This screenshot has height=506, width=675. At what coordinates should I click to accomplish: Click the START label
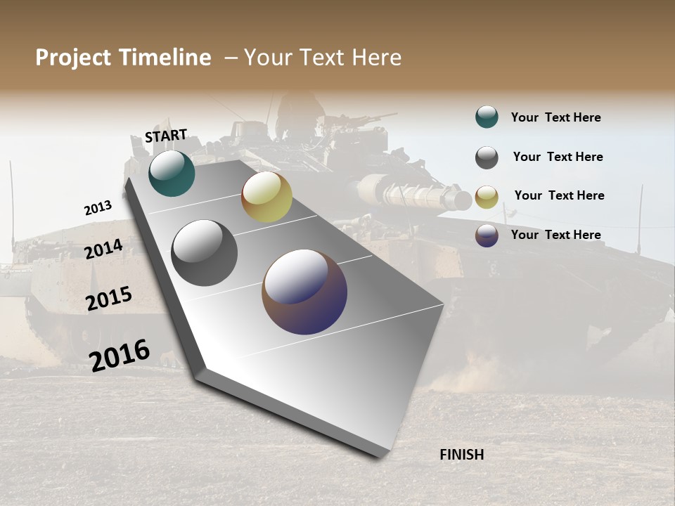166,135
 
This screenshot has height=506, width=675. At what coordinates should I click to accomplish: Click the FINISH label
461,455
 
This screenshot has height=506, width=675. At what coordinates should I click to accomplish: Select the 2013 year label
98,208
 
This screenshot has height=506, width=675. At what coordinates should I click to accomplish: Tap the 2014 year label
103,249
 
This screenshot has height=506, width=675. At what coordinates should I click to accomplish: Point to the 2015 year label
109,299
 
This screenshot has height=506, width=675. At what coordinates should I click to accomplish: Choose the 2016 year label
120,354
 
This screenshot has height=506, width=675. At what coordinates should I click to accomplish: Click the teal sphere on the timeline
172,173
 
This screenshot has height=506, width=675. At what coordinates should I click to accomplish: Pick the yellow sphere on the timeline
266,197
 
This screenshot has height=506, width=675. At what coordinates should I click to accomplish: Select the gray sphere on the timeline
205,253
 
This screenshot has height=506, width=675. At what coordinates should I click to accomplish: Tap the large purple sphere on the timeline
304,292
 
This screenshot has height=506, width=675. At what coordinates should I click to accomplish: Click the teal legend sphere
487,117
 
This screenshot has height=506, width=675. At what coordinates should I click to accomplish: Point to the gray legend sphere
487,157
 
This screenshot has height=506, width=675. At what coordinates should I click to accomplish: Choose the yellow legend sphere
487,197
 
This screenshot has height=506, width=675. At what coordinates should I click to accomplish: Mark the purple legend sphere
487,235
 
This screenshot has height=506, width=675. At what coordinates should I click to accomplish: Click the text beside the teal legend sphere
555,117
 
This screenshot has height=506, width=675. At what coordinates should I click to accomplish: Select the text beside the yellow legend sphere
559,195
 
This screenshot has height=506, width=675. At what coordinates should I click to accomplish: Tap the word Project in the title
72,58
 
